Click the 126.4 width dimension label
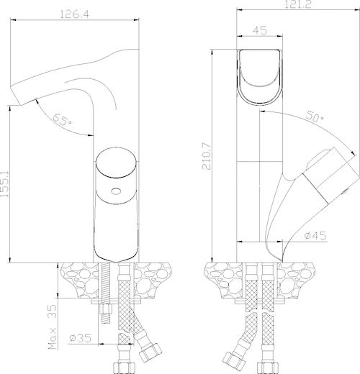click(74, 14)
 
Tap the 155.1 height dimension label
click(4, 184)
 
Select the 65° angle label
click(62, 119)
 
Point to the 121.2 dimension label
click(298, 4)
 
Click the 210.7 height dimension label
click(207, 156)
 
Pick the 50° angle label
click(315, 117)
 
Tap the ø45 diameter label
click(315, 235)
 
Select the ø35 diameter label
click(81, 338)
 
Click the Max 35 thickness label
click(52, 327)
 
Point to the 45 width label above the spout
click(260, 30)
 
